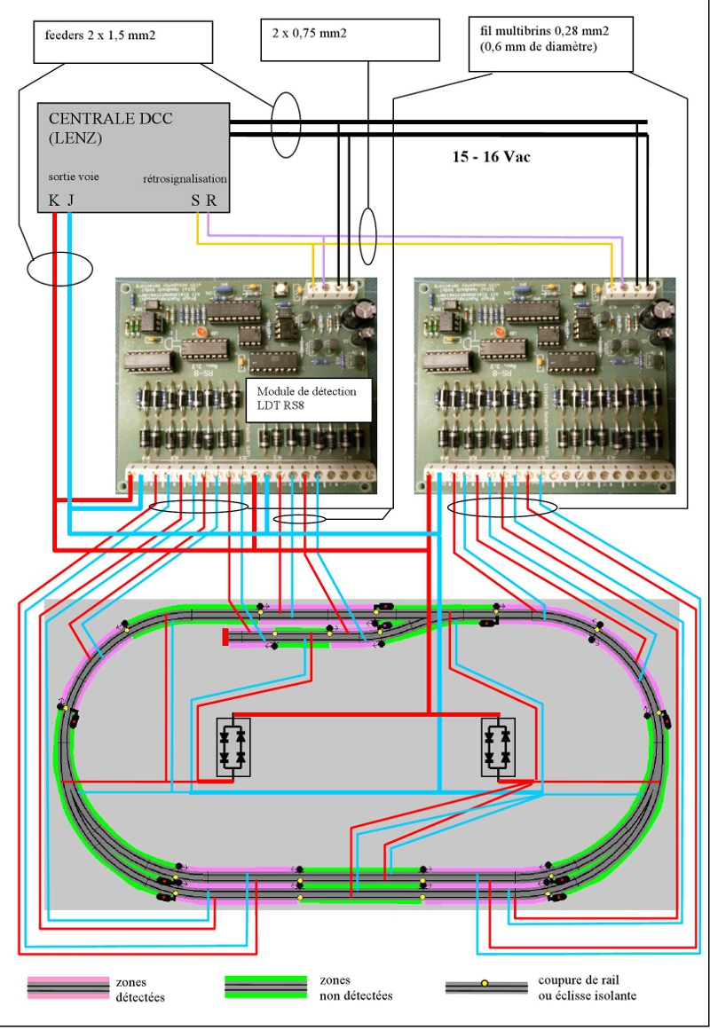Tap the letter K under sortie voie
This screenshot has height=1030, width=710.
point(53,200)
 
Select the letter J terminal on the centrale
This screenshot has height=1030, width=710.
point(70,200)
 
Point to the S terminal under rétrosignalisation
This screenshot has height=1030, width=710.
point(195,200)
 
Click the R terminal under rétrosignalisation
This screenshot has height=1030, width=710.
point(211,200)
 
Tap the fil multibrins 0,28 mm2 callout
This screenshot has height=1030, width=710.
point(550,41)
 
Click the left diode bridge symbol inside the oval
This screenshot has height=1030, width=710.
point(233,747)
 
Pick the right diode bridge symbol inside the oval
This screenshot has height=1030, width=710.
point(497,747)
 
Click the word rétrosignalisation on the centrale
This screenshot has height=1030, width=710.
point(185,178)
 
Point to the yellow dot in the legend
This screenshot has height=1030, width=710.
point(485,983)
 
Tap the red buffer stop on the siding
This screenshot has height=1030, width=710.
point(225,636)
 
